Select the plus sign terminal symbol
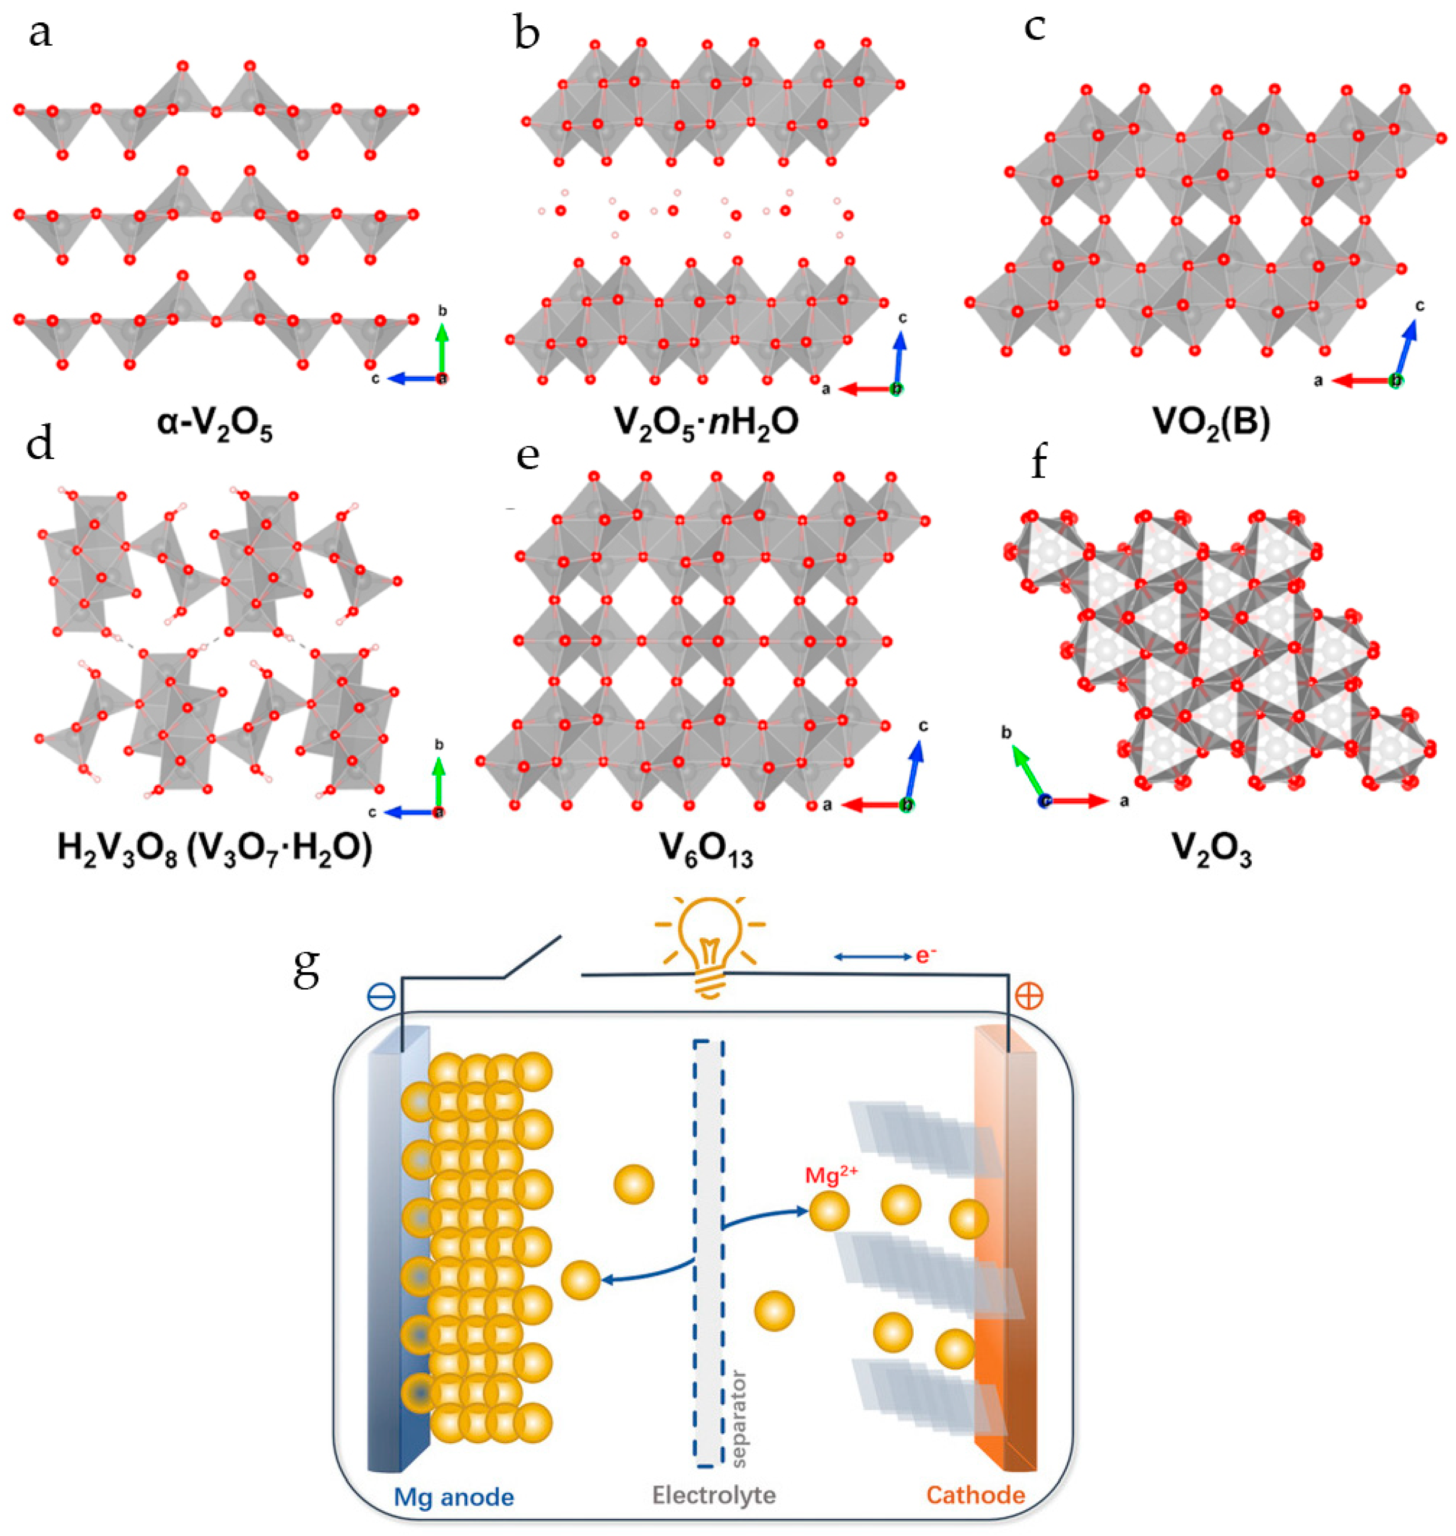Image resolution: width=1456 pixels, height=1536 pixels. click(1029, 996)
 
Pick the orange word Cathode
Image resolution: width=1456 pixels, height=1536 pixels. click(976, 1495)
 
